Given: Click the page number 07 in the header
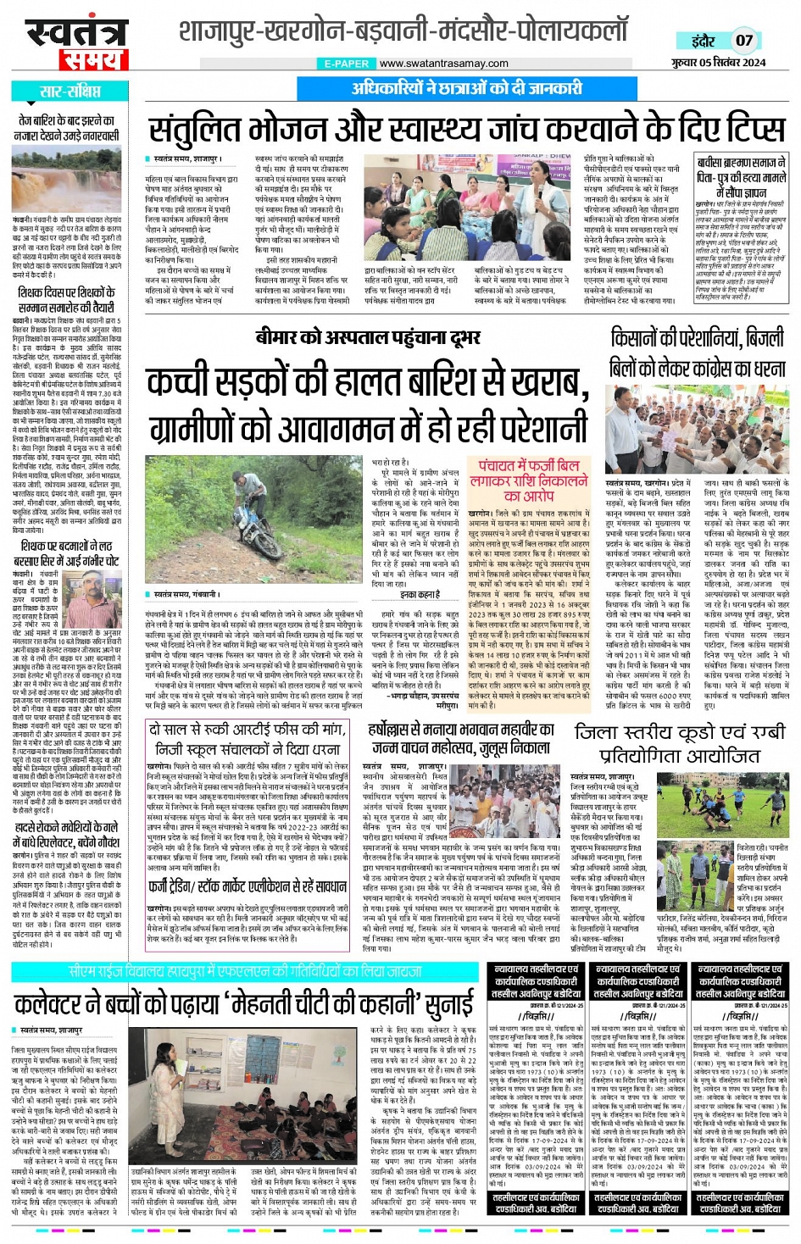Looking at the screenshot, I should click(x=743, y=40).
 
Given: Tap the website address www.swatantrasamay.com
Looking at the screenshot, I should click(x=443, y=64).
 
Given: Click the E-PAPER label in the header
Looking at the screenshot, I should click(x=347, y=64).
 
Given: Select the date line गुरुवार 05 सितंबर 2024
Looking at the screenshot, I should click(x=719, y=62).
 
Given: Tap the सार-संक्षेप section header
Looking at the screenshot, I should click(x=70, y=92).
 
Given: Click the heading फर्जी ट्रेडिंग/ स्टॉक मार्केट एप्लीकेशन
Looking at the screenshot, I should click(x=248, y=888).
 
